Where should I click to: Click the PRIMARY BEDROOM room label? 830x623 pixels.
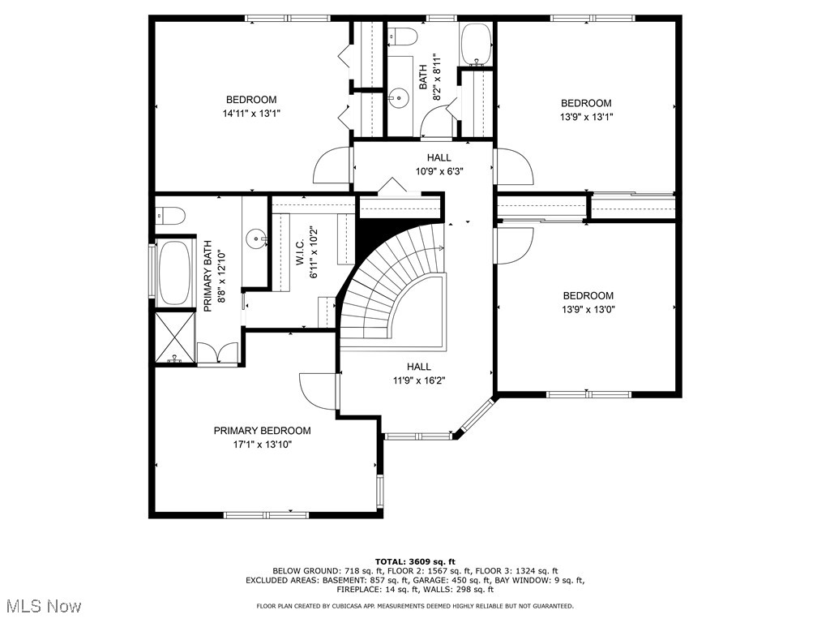click(262, 431)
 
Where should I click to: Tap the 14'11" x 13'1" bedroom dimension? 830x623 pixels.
click(251, 114)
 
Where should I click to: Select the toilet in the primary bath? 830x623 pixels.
click(169, 215)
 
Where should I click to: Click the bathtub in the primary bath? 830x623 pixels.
click(174, 272)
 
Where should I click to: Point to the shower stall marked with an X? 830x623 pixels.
click(174, 338)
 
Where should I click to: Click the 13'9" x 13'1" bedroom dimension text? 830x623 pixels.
click(586, 117)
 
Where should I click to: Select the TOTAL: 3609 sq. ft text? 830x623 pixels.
click(415, 561)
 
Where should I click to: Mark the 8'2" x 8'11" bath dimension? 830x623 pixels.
click(437, 77)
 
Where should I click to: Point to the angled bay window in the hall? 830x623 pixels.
click(474, 418)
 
